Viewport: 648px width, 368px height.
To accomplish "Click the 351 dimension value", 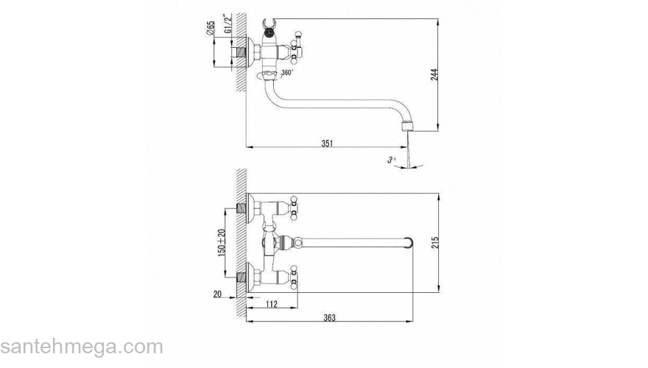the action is [327, 144].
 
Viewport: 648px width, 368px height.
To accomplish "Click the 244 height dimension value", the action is [434, 74].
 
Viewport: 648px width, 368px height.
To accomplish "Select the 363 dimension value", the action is [329, 318].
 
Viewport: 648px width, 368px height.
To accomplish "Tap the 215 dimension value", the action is [434, 242].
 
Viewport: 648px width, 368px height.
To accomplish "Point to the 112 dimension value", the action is [271, 305].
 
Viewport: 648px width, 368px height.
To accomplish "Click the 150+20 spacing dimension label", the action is [222, 242].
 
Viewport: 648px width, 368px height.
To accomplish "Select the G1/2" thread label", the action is [227, 24].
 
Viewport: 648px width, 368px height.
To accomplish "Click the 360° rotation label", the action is [287, 73].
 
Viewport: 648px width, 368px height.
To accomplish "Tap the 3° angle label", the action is [391, 160].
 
